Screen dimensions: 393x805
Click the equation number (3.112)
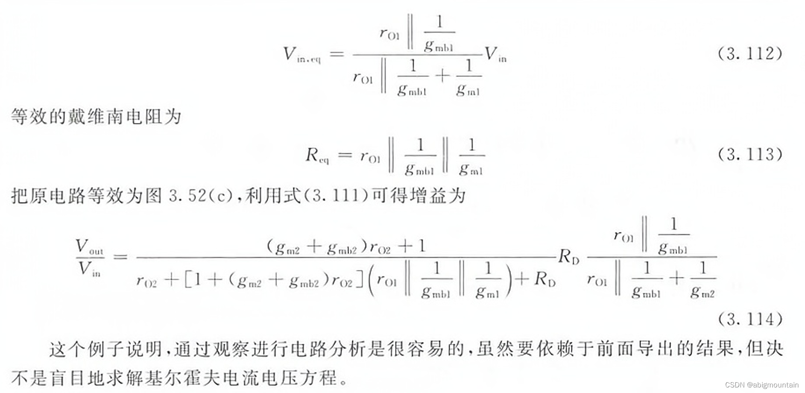[x=750, y=53]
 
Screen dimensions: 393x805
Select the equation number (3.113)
[x=750, y=154]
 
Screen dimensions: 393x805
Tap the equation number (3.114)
[x=750, y=319]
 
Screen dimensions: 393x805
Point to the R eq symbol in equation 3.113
[x=316, y=155]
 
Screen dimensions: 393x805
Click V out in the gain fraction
[x=89, y=247]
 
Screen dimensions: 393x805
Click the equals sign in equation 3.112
[x=337, y=54]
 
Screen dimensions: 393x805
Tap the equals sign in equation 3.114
[x=120, y=257]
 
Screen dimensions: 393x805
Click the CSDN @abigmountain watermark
[x=761, y=385]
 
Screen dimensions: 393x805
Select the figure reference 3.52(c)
[x=201, y=196]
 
